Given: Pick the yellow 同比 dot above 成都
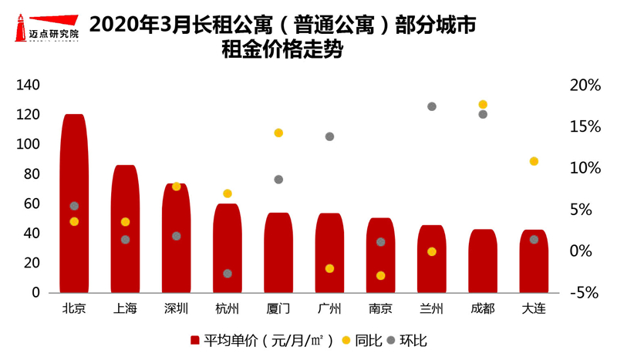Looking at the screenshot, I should coord(483,104).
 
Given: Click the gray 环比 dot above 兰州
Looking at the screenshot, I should coord(432,106).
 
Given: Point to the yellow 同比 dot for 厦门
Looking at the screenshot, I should coord(278,133).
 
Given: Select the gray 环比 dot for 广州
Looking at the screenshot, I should coord(329,136).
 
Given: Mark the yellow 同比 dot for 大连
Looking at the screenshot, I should coord(534,161).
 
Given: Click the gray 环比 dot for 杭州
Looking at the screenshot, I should coord(228,274).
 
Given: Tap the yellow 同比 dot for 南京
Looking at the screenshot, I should coord(380,275).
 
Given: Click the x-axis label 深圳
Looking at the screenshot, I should coord(176,309).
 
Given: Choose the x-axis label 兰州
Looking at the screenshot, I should coord(431,309).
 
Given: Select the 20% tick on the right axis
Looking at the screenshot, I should coord(584,86).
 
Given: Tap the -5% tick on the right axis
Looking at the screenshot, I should coord(584,293).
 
